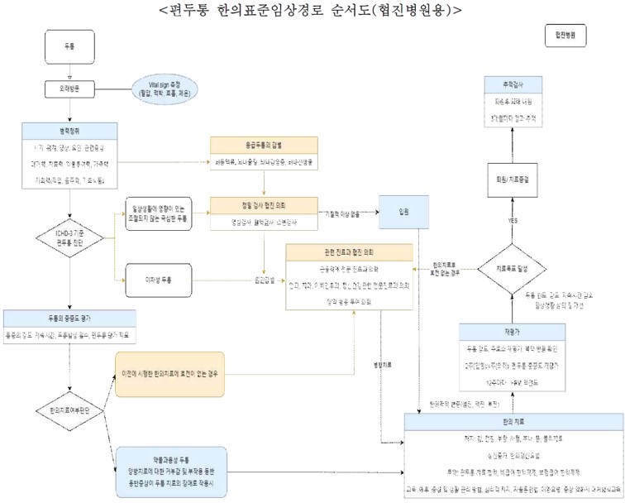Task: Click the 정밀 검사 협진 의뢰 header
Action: [x=264, y=204]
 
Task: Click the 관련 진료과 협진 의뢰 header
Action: [x=348, y=251]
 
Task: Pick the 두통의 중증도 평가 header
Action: [x=71, y=317]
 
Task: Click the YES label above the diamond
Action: [x=513, y=221]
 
